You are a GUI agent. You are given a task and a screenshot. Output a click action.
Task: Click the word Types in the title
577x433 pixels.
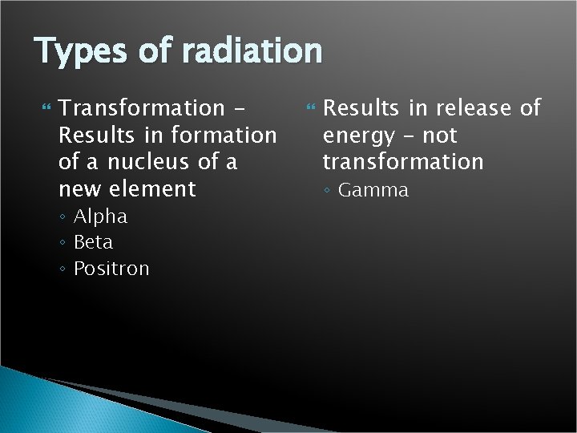point(79,52)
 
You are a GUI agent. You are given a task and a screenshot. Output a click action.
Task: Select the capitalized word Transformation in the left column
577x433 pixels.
point(142,107)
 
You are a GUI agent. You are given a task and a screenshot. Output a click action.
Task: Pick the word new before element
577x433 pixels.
point(79,189)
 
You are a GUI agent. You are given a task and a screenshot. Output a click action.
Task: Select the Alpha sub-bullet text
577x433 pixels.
point(100,216)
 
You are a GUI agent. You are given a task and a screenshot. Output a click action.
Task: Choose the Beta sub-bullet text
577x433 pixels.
point(93,242)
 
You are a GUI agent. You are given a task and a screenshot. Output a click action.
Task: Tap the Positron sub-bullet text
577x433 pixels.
point(111,269)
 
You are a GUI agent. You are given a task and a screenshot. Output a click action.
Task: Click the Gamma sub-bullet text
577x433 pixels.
point(373,190)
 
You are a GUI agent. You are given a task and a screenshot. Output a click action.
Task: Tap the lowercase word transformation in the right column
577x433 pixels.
point(403,161)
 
